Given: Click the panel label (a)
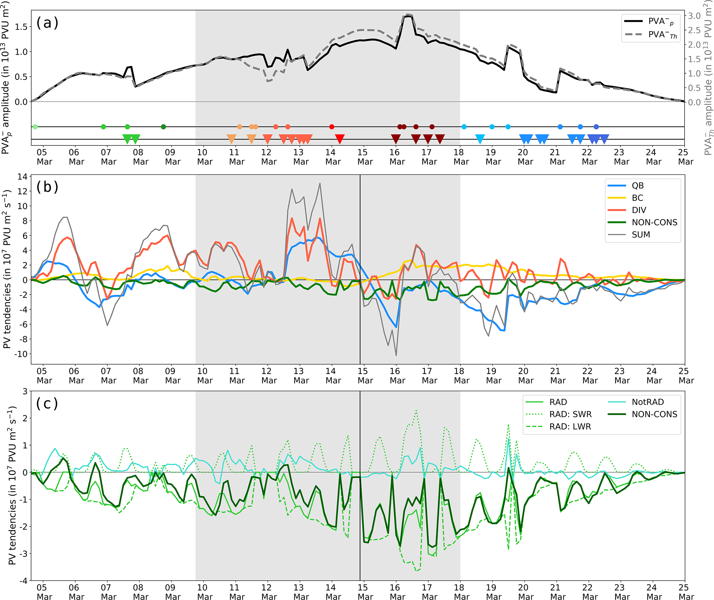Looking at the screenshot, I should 47,23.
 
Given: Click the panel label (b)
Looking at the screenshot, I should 47,187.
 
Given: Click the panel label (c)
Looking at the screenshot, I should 47,403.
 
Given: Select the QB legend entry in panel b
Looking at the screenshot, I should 637,186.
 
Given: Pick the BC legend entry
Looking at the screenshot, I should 637,198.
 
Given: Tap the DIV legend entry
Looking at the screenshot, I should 639,210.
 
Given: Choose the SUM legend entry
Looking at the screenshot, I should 641,235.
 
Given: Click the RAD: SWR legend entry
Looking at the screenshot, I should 570,414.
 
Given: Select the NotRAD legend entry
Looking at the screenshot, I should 648,402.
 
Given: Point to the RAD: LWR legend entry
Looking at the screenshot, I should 570,427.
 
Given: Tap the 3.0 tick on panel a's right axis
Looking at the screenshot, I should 694,16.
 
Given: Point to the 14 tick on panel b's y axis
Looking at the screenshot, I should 22,177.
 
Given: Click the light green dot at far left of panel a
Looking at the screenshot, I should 35,127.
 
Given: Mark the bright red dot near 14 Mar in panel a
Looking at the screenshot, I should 332,127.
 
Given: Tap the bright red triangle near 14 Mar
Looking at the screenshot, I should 340,139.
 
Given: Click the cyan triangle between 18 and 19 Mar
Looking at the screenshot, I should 480,139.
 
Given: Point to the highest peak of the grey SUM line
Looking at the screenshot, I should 320,184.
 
